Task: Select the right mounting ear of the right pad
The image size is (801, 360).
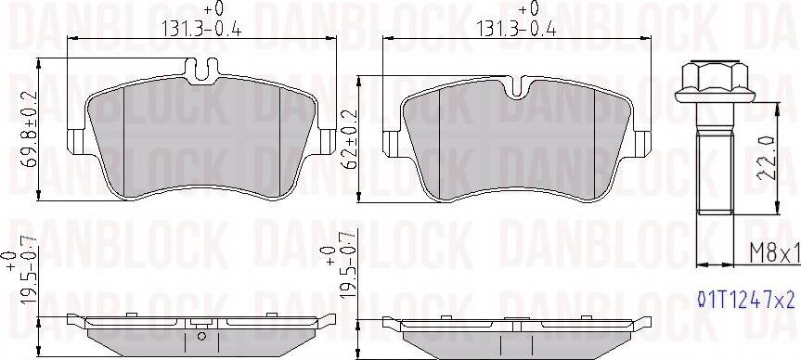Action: pyautogui.click(x=640, y=140)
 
